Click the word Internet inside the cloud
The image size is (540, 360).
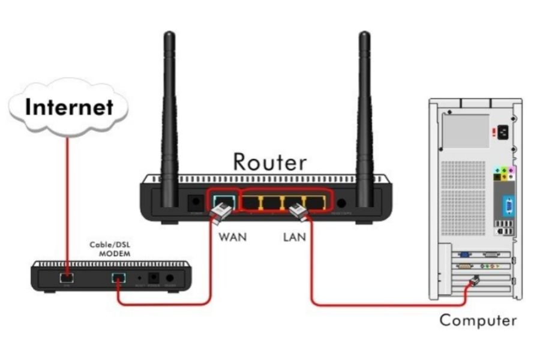click(69, 107)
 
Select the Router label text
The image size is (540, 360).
click(269, 161)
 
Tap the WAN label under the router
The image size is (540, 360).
click(232, 237)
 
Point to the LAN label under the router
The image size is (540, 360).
click(294, 237)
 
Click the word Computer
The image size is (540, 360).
click(478, 320)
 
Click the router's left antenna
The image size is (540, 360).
click(169, 114)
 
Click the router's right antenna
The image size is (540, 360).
click(364, 114)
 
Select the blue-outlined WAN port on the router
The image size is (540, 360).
click(224, 202)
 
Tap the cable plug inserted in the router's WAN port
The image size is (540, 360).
click(220, 213)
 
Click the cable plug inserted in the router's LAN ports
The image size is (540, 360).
click(298, 211)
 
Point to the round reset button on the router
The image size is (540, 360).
click(343, 203)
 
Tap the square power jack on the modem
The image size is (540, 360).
click(154, 278)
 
